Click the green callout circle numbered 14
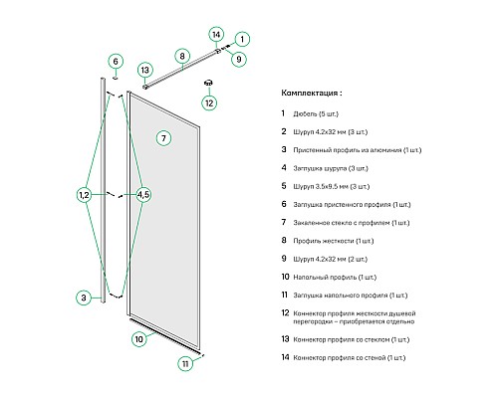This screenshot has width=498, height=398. (x=216, y=35)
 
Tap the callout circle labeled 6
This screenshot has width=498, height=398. (x=116, y=62)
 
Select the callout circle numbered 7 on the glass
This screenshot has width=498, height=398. (x=163, y=138)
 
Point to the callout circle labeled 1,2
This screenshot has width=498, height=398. (x=85, y=195)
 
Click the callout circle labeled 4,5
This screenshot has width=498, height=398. (x=143, y=195)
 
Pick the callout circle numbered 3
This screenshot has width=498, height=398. (x=84, y=298)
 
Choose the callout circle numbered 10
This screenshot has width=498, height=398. (x=139, y=339)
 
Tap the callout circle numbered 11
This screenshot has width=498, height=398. (x=185, y=363)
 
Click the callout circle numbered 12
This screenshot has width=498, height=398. (x=209, y=103)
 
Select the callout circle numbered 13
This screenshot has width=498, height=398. (x=145, y=71)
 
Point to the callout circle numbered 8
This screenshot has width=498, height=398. (x=182, y=56)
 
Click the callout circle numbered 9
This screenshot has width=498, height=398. (x=238, y=59)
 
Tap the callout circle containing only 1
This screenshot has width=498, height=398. (x=242, y=39)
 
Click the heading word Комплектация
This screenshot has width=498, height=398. (x=310, y=93)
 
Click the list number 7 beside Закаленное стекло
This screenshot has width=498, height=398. (x=284, y=222)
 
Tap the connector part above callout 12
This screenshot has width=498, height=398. (x=209, y=83)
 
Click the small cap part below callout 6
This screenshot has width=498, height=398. (x=116, y=79)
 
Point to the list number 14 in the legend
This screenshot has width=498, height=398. (x=286, y=357)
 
